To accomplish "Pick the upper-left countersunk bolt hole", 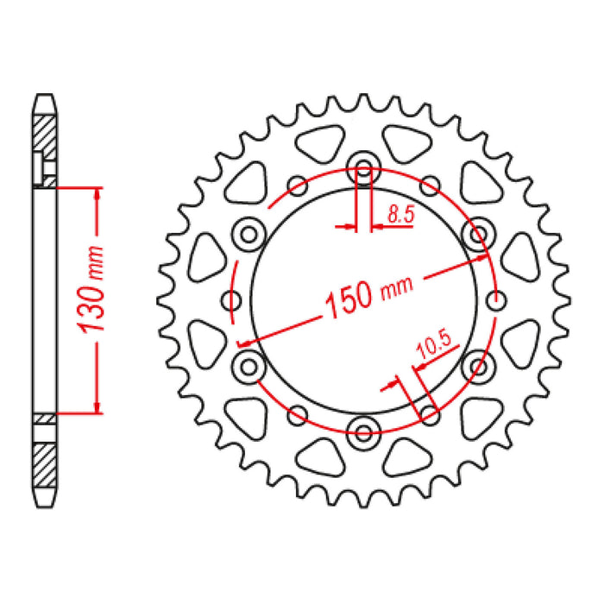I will [x=250, y=232].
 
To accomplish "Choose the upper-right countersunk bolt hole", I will [x=476, y=232].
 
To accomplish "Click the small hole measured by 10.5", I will [x=429, y=412].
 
